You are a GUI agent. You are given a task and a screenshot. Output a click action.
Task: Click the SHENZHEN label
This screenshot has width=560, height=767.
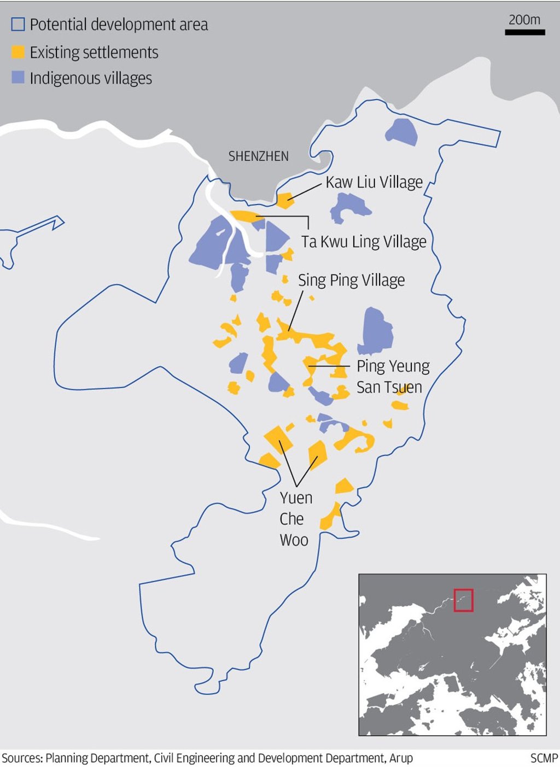click(x=258, y=156)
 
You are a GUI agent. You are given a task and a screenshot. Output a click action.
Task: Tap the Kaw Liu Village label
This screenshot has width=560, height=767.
click(x=374, y=182)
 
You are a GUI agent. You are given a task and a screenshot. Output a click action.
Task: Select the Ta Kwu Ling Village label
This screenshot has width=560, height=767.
click(x=364, y=242)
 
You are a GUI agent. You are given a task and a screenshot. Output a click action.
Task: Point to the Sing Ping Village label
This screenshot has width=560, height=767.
click(x=351, y=280)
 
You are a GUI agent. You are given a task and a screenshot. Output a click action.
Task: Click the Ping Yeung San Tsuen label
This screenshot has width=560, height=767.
click(x=393, y=376)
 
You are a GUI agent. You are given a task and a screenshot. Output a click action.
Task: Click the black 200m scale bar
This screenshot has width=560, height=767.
click(x=524, y=32)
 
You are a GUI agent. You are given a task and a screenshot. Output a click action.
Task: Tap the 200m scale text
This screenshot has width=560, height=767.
click(x=524, y=20)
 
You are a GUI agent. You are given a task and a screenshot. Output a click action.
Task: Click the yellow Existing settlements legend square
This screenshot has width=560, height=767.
click(x=18, y=52)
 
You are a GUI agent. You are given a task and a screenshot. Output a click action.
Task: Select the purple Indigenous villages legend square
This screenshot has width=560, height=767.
click(x=18, y=78)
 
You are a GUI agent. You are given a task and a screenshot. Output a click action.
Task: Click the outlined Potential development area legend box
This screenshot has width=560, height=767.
click(x=18, y=25)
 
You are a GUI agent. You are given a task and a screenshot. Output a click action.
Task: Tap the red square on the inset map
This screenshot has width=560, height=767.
click(x=463, y=600)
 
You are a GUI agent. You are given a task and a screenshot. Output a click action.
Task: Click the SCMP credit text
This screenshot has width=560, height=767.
click(x=544, y=758)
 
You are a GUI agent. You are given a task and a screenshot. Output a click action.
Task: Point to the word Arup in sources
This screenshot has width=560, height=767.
click(x=401, y=758)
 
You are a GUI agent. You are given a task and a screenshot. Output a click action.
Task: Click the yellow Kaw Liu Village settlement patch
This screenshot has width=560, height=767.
click(x=284, y=200)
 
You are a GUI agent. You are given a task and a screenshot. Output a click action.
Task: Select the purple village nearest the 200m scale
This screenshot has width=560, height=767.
click(x=402, y=132)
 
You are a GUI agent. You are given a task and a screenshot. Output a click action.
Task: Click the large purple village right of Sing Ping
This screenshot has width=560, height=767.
click(x=376, y=330)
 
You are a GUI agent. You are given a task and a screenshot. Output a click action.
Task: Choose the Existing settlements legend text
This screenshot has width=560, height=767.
click(x=94, y=52)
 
